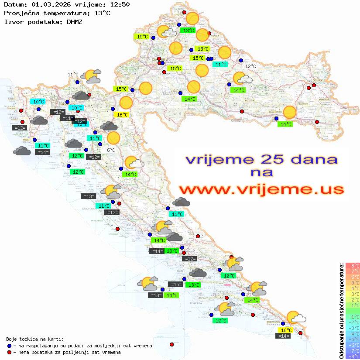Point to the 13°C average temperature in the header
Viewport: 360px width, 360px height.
[102, 13]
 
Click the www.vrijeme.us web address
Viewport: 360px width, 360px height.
[261, 189]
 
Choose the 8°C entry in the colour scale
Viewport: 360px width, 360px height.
[352, 265]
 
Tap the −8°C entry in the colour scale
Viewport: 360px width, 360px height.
[352, 357]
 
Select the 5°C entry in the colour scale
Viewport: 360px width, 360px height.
[352, 282]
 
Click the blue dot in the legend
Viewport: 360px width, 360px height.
[10, 346]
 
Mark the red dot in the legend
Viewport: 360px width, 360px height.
[10, 352]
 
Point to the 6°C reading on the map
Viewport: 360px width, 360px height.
[111, 150]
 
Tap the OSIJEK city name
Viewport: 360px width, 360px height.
[316, 80]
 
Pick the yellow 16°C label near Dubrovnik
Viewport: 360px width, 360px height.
[286, 330]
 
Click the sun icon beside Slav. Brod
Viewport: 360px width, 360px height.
[289, 113]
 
